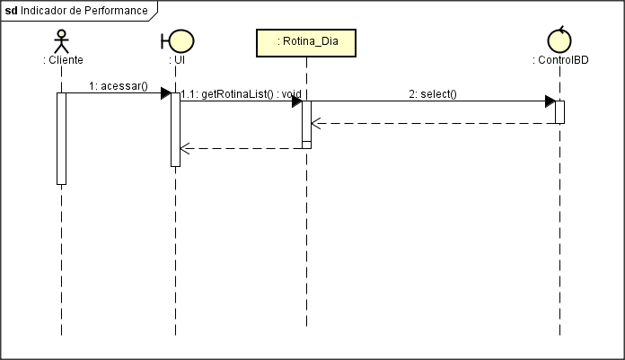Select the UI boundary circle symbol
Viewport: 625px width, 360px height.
pyautogui.click(x=179, y=40)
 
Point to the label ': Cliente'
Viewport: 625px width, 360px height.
pyautogui.click(x=63, y=60)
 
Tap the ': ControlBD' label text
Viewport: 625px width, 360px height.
pyautogui.click(x=559, y=60)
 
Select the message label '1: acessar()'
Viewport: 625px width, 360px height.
pyautogui.click(x=118, y=86)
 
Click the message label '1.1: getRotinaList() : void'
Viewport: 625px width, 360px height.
pyautogui.click(x=241, y=94)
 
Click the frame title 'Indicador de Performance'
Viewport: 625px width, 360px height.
pyautogui.click(x=84, y=10)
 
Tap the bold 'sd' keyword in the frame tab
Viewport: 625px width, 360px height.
pyautogui.click(x=12, y=10)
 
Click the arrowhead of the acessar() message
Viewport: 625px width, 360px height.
pyautogui.click(x=166, y=92)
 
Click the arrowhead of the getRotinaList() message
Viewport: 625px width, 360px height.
pyautogui.click(x=295, y=101)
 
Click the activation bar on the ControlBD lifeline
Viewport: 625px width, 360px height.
pyautogui.click(x=559, y=111)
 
